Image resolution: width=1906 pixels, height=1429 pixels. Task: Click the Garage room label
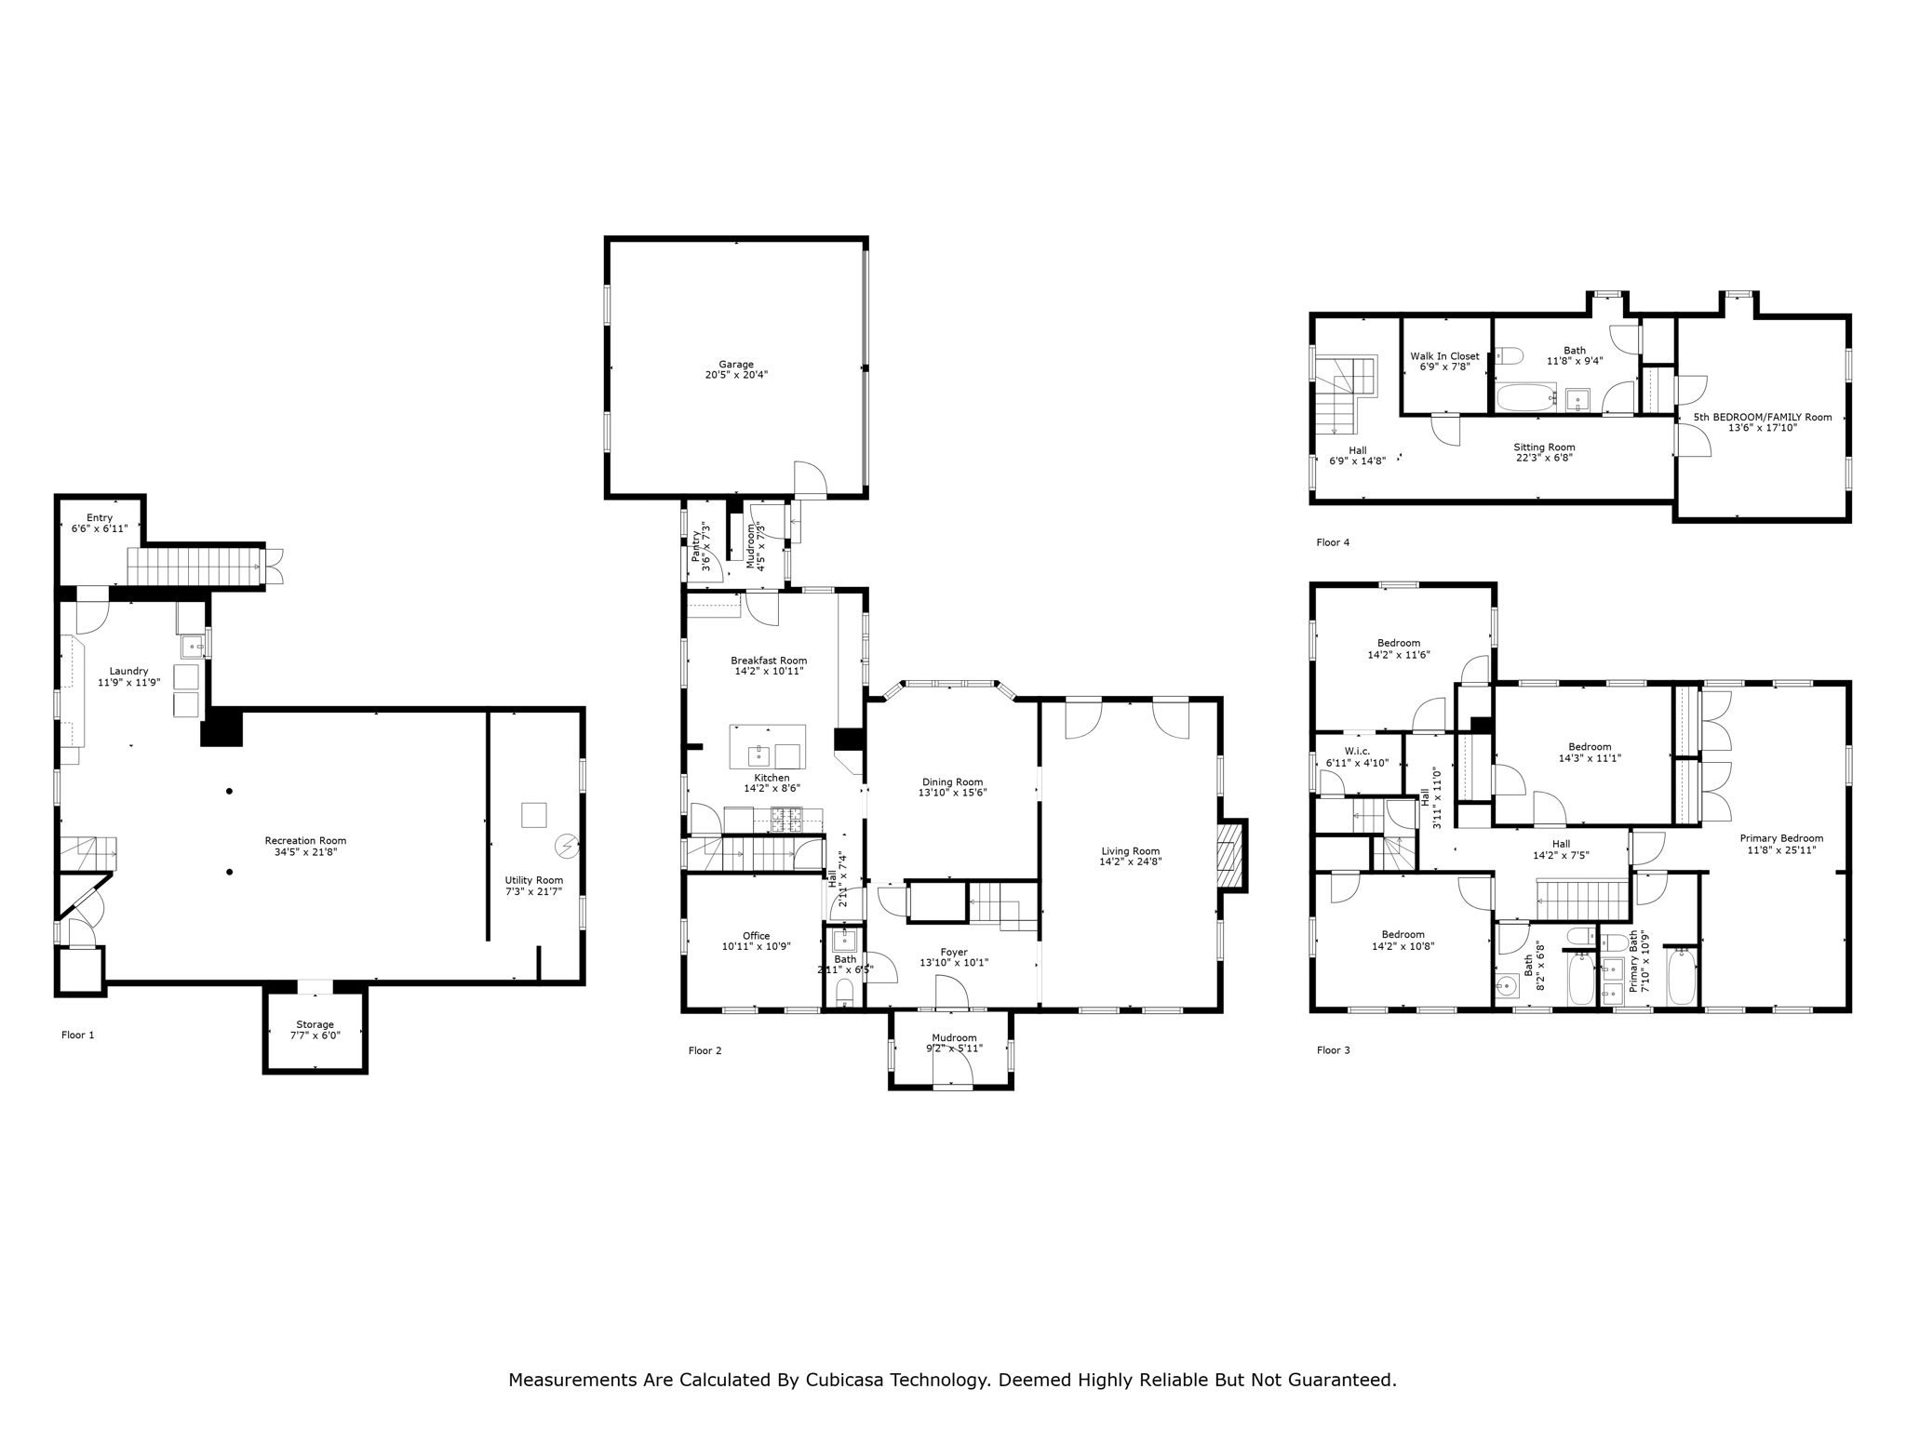click(735, 365)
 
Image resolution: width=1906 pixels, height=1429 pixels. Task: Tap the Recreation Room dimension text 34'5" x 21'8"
click(305, 852)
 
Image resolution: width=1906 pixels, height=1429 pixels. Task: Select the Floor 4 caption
click(1332, 542)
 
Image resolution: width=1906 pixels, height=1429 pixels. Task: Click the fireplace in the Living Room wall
click(1230, 856)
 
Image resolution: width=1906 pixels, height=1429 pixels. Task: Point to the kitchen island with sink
click(767, 747)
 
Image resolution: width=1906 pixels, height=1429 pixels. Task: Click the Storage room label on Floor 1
click(315, 1024)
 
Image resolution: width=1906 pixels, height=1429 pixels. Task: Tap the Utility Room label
click(533, 880)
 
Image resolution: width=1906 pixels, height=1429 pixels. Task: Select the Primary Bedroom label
click(1780, 838)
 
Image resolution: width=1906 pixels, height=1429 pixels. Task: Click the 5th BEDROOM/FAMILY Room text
click(1762, 417)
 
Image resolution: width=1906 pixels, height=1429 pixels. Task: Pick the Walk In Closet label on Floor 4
click(1443, 356)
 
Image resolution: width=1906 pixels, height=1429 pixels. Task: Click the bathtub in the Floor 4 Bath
click(1524, 398)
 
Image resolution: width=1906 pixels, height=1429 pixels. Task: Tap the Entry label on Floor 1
click(100, 517)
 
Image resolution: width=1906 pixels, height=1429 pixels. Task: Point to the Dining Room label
click(952, 782)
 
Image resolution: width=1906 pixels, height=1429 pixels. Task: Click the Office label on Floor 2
click(756, 936)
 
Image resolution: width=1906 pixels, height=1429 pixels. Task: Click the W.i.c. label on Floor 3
click(1357, 751)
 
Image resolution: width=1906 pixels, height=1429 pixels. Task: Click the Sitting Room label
click(1543, 447)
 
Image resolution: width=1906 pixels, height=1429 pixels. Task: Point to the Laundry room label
click(128, 671)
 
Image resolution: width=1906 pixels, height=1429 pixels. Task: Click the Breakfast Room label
click(768, 661)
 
